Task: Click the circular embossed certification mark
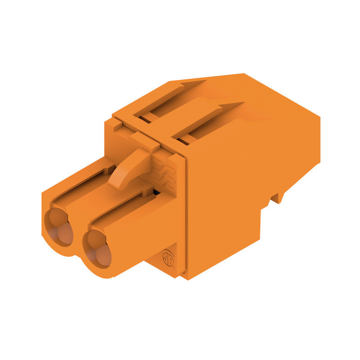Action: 168,260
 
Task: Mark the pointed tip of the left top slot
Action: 205,81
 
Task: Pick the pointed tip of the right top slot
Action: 243,103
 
